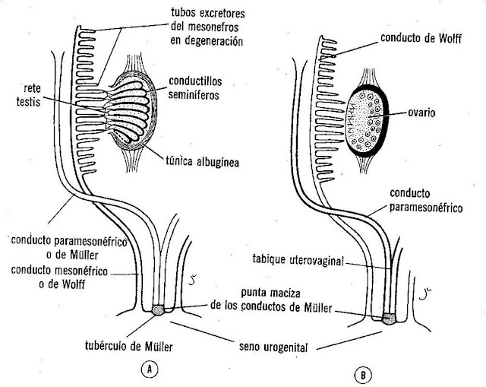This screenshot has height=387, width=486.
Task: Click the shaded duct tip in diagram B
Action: pos(389,319)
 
